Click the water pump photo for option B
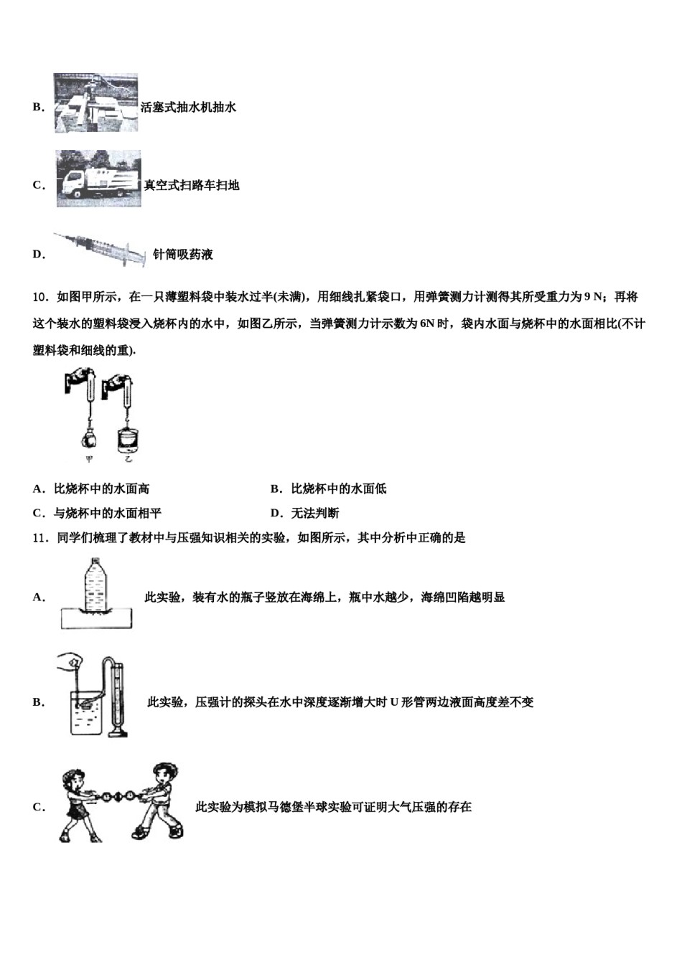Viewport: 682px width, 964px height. [x=95, y=103]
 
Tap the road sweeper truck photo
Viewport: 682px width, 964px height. [x=98, y=179]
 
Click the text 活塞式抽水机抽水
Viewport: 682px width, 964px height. [x=188, y=108]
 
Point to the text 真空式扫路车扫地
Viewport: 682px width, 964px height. [x=192, y=185]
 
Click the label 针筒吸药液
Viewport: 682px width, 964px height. [x=183, y=255]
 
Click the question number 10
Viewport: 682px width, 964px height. [x=40, y=297]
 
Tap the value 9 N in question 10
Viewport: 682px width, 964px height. [x=593, y=297]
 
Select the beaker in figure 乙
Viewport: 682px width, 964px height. [x=128, y=438]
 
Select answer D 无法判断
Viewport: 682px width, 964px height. [x=304, y=513]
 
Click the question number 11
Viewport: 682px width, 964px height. [x=40, y=537]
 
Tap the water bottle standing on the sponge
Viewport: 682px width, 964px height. [x=96, y=585]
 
